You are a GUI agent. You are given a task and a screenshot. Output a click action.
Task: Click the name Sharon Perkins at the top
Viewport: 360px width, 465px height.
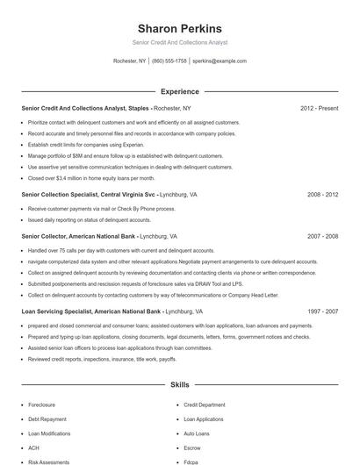tap(179, 29)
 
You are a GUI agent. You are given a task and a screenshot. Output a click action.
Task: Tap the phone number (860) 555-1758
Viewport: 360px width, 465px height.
tap(169, 61)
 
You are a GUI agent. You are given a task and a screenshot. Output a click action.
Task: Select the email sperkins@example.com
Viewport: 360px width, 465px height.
tap(220, 61)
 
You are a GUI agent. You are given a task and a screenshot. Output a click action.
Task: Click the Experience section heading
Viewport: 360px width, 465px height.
tap(179, 91)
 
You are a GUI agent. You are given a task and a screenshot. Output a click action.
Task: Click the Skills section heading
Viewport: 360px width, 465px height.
tap(179, 384)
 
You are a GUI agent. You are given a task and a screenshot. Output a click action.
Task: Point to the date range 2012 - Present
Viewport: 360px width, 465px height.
tap(319, 109)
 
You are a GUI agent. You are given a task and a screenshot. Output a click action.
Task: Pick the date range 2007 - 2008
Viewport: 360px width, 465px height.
tap(322, 237)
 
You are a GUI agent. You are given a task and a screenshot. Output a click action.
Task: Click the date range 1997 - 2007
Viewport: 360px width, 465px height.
tap(322, 311)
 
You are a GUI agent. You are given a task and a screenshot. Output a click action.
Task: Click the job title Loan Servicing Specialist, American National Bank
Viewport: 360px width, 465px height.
tap(91, 311)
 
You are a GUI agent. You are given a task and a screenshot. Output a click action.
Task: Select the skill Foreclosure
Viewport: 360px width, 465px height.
tap(42, 405)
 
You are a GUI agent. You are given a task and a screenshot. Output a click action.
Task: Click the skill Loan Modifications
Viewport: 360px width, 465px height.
tap(49, 433)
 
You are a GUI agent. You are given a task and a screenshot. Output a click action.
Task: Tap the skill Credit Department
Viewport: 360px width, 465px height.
tap(205, 405)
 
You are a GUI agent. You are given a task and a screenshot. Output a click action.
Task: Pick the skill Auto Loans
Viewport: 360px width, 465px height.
tap(197, 433)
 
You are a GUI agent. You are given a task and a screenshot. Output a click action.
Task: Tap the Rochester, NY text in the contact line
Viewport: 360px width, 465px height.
tap(130, 61)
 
